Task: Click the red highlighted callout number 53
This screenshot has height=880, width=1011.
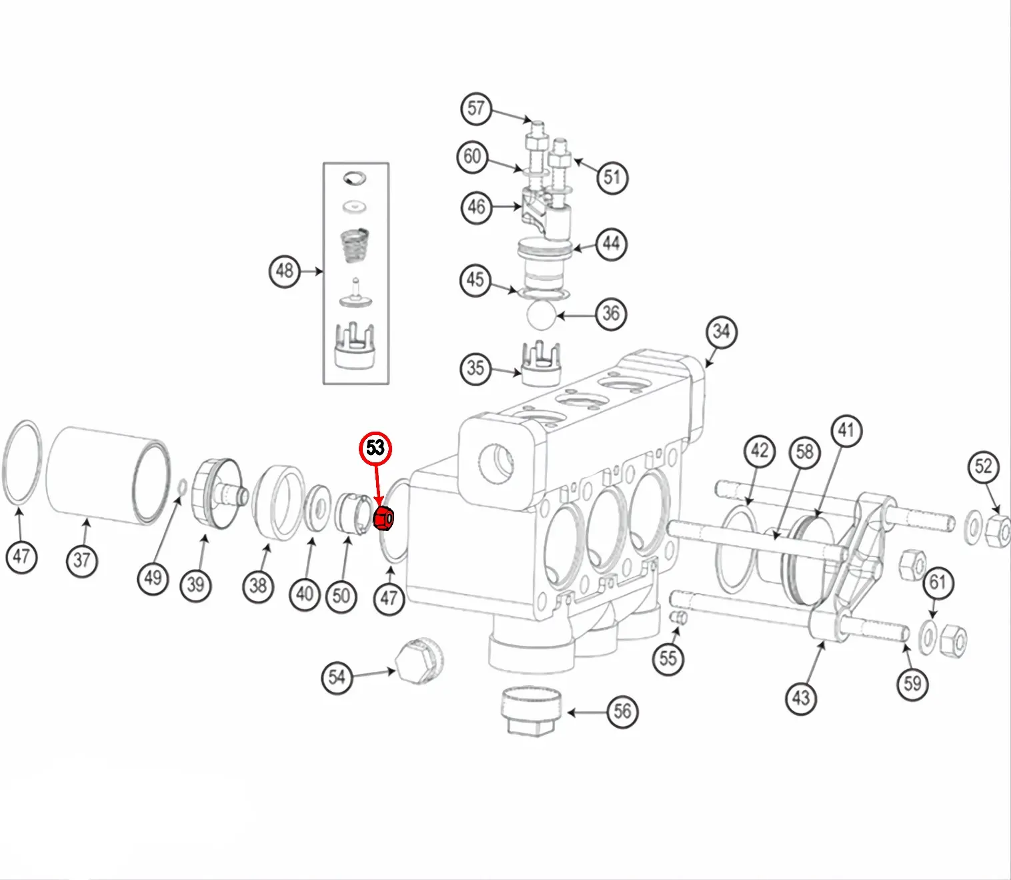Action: [x=375, y=448]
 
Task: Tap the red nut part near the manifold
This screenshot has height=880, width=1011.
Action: [x=384, y=518]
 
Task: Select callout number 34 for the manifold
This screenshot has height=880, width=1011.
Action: [x=721, y=332]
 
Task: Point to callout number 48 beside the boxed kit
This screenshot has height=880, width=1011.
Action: [x=285, y=271]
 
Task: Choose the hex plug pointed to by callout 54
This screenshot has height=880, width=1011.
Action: [x=418, y=662]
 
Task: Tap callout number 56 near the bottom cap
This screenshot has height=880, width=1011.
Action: [x=622, y=711]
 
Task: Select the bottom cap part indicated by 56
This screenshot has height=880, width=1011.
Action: [x=531, y=710]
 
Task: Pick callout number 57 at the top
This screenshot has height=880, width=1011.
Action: [x=476, y=108]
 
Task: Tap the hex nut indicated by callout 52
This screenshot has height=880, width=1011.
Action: [x=997, y=530]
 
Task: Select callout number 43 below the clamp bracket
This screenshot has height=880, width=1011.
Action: [x=801, y=698]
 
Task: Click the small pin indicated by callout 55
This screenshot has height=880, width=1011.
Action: [x=678, y=618]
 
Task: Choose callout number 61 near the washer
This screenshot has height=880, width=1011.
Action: [x=938, y=583]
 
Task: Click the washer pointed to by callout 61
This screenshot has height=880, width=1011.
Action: [x=928, y=636]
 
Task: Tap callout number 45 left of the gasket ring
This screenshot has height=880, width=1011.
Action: [x=475, y=279]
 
